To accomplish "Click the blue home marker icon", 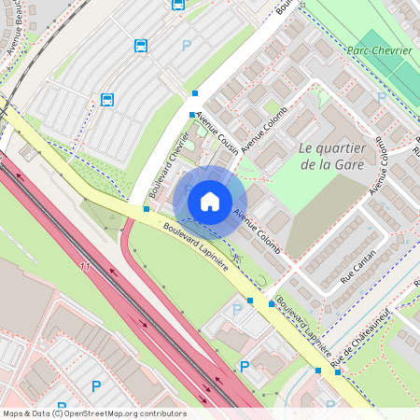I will (x=210, y=201).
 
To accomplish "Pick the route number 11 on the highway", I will (x=85, y=267).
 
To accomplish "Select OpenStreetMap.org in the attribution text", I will (x=104, y=413).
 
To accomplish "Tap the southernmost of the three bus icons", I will (x=107, y=99).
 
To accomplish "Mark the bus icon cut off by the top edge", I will (x=178, y=4).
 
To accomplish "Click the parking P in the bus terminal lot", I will (x=186, y=45).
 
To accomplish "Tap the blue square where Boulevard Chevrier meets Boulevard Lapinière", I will (x=146, y=209).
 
